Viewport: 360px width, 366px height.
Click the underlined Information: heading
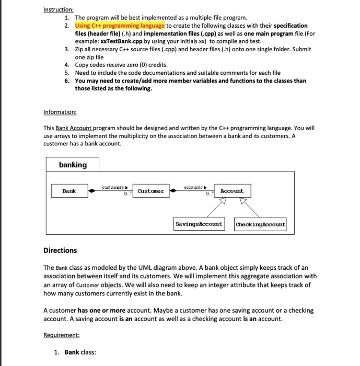pos(60,112)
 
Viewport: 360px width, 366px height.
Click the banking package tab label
pos(73,165)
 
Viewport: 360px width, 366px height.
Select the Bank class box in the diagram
pos(69,191)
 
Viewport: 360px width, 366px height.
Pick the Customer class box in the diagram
pos(150,191)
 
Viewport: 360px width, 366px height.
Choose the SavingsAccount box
pos(199,224)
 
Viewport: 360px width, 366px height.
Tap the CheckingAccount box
pos(260,224)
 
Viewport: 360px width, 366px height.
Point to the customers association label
pos(113,186)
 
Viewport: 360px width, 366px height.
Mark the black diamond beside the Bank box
pos(92,191)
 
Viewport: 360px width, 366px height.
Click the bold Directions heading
pos(60,250)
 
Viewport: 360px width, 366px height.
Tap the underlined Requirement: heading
pos(62,335)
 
